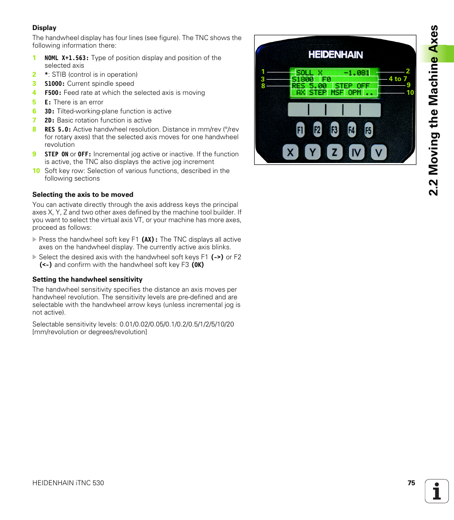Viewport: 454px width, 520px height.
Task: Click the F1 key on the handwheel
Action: click(x=300, y=130)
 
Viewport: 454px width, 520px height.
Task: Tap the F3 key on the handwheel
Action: click(x=335, y=130)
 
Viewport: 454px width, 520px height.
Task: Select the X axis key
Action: click(x=291, y=153)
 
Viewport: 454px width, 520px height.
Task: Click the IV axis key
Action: click(x=356, y=153)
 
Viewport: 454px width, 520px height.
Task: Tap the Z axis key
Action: click(x=335, y=153)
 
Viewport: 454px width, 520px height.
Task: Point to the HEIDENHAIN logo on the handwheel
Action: click(x=336, y=55)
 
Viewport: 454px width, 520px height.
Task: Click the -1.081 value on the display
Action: click(x=356, y=73)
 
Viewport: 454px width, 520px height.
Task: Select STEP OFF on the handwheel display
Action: click(x=352, y=86)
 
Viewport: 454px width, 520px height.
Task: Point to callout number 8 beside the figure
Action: click(x=263, y=86)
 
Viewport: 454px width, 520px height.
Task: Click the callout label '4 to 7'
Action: click(x=398, y=79)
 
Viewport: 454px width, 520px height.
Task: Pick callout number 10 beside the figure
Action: click(x=410, y=92)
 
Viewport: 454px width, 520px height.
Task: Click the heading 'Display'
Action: click(x=44, y=28)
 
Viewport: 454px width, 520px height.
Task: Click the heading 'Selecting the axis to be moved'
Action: click(x=83, y=194)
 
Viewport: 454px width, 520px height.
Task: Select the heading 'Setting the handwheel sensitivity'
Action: click(x=87, y=279)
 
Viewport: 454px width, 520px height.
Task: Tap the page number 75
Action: click(x=411, y=483)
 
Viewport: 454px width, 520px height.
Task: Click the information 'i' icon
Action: click(x=437, y=491)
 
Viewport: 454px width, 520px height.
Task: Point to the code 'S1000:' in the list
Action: click(x=55, y=83)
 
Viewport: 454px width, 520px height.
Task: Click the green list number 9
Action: click(x=34, y=154)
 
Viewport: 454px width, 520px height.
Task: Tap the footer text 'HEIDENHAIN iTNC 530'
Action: click(x=68, y=483)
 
